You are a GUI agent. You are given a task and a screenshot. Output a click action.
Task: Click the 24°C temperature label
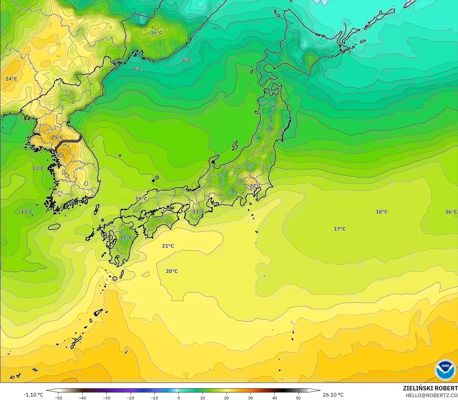[x=11, y=79]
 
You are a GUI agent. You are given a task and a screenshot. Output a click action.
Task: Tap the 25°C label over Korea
[x=57, y=137]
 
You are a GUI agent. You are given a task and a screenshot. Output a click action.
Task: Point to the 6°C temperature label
[x=187, y=60]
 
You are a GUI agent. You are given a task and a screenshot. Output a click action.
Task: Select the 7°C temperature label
[x=137, y=70]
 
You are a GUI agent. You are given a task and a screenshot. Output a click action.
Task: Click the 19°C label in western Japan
[x=141, y=199]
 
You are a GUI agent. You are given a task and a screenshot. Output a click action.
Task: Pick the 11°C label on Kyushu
[x=126, y=237]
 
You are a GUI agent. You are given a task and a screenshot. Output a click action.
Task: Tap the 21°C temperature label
[x=168, y=246]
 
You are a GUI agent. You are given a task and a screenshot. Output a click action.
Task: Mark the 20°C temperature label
[x=172, y=271]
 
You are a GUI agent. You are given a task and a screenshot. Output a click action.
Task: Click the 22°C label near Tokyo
[x=255, y=186]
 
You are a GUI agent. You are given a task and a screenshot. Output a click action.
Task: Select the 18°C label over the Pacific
[x=382, y=212]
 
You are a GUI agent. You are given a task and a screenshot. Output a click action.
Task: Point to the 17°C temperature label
[x=340, y=229]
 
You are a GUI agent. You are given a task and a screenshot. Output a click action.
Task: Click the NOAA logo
[x=445, y=370]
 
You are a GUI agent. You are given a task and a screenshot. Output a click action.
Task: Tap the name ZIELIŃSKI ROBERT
[x=430, y=388]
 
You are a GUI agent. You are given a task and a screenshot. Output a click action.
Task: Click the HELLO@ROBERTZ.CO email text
[x=432, y=395]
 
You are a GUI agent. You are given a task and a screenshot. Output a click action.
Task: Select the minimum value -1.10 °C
[x=34, y=395]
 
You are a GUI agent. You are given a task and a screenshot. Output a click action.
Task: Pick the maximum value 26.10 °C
[x=333, y=395]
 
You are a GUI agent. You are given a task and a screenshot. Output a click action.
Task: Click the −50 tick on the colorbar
[x=58, y=398]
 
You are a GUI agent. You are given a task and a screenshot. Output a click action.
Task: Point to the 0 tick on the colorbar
[x=178, y=398]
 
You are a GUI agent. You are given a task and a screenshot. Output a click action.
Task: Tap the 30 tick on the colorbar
[x=250, y=398]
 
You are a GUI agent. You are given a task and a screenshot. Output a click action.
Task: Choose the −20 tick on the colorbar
[x=131, y=398]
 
